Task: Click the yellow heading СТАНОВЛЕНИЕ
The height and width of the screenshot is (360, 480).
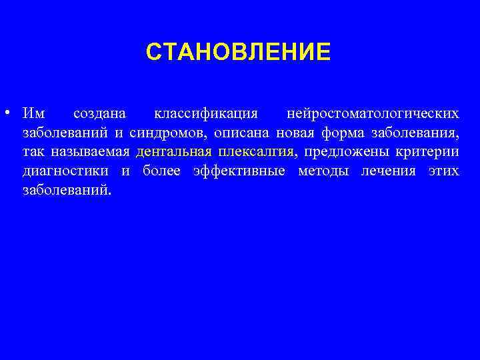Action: click(238, 52)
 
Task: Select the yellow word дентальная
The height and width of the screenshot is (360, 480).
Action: click(173, 152)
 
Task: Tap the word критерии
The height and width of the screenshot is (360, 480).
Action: click(420, 152)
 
